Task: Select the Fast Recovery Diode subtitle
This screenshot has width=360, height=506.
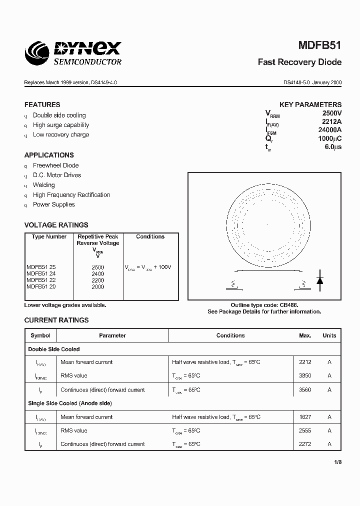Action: pyautogui.click(x=299, y=62)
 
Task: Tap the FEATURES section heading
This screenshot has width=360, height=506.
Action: pyautogui.click(x=42, y=104)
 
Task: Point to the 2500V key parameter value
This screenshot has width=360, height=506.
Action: pyautogui.click(x=331, y=113)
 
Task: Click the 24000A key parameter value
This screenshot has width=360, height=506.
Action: pyautogui.click(x=329, y=130)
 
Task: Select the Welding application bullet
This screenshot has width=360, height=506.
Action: pyautogui.click(x=44, y=185)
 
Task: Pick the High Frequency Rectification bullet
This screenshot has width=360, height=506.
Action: pyautogui.click(x=71, y=195)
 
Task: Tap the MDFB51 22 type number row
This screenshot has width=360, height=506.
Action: pyautogui.click(x=41, y=280)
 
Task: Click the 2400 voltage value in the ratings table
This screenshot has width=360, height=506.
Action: pyautogui.click(x=98, y=274)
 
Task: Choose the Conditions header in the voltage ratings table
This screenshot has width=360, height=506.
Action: pyautogui.click(x=150, y=236)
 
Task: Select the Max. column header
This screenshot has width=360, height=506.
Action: pyautogui.click(x=305, y=335)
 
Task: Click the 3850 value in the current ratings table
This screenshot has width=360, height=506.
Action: pyautogui.click(x=305, y=375)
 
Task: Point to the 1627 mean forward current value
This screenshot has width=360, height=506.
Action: pyautogui.click(x=305, y=416)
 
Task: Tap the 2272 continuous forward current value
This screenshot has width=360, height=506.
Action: pyautogui.click(x=305, y=444)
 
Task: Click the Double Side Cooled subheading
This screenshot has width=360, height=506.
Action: pyautogui.click(x=54, y=349)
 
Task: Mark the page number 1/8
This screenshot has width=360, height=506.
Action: pyautogui.click(x=337, y=462)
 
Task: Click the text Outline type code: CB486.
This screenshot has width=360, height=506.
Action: pyautogui.click(x=264, y=305)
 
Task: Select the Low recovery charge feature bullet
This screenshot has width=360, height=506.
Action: pyautogui.click(x=61, y=134)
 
